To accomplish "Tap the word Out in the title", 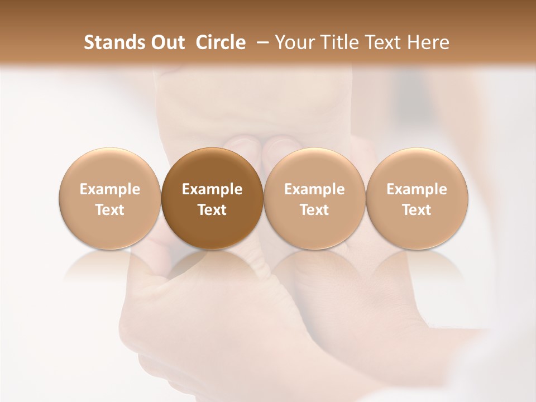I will pos(166,42).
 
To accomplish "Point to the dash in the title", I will pos(260,42).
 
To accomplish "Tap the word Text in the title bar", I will pos(381,42).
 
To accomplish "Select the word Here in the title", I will pos(428,42).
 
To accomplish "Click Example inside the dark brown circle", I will pos(212,189).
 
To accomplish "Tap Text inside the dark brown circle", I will pos(212,210).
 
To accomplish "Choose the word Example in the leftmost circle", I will pos(110,189).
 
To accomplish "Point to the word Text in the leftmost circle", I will pos(110,210).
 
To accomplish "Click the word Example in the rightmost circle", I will pos(417,189).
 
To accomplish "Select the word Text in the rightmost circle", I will pos(417,210).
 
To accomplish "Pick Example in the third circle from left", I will pos(314,189).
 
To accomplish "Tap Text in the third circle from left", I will pos(314,210).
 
